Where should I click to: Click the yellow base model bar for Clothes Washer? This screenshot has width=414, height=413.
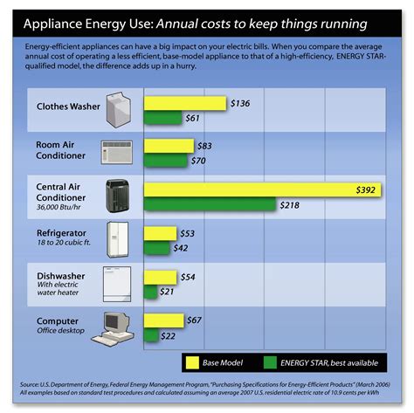184,103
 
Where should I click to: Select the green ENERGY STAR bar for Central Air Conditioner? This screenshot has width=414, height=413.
210,204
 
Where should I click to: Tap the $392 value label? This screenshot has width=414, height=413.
367,189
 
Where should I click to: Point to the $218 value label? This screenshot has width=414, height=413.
291,204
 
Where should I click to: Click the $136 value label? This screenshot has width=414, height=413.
240,103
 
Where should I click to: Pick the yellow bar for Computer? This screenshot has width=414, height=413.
163,320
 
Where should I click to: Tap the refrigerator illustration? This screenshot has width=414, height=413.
118,237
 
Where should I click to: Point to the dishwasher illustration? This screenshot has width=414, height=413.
118,281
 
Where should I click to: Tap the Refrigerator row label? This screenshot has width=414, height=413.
61,233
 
